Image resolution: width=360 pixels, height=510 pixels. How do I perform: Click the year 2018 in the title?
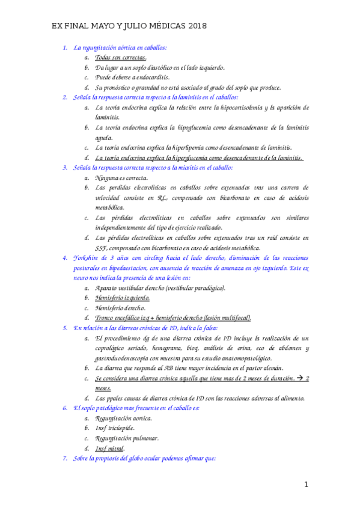point(197,27)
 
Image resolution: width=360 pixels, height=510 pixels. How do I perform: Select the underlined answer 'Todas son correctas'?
point(121,57)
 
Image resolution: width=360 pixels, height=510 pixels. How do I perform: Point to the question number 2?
point(64,97)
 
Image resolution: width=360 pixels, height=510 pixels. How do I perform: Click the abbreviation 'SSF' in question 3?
point(102,248)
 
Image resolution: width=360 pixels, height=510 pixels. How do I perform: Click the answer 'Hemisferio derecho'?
point(120,308)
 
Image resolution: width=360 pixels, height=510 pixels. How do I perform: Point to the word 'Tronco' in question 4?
point(106,318)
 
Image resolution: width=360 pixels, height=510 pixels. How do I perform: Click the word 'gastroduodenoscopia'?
point(127,358)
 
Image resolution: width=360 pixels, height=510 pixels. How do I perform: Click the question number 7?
point(64,459)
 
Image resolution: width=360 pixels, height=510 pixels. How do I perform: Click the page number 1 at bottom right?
point(306,485)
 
